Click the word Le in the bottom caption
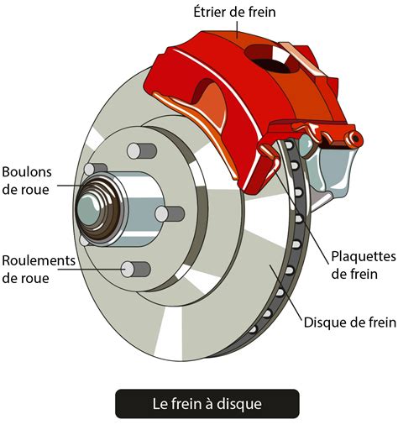[160, 404]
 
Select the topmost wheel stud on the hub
[135, 151]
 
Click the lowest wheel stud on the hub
[135, 270]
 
